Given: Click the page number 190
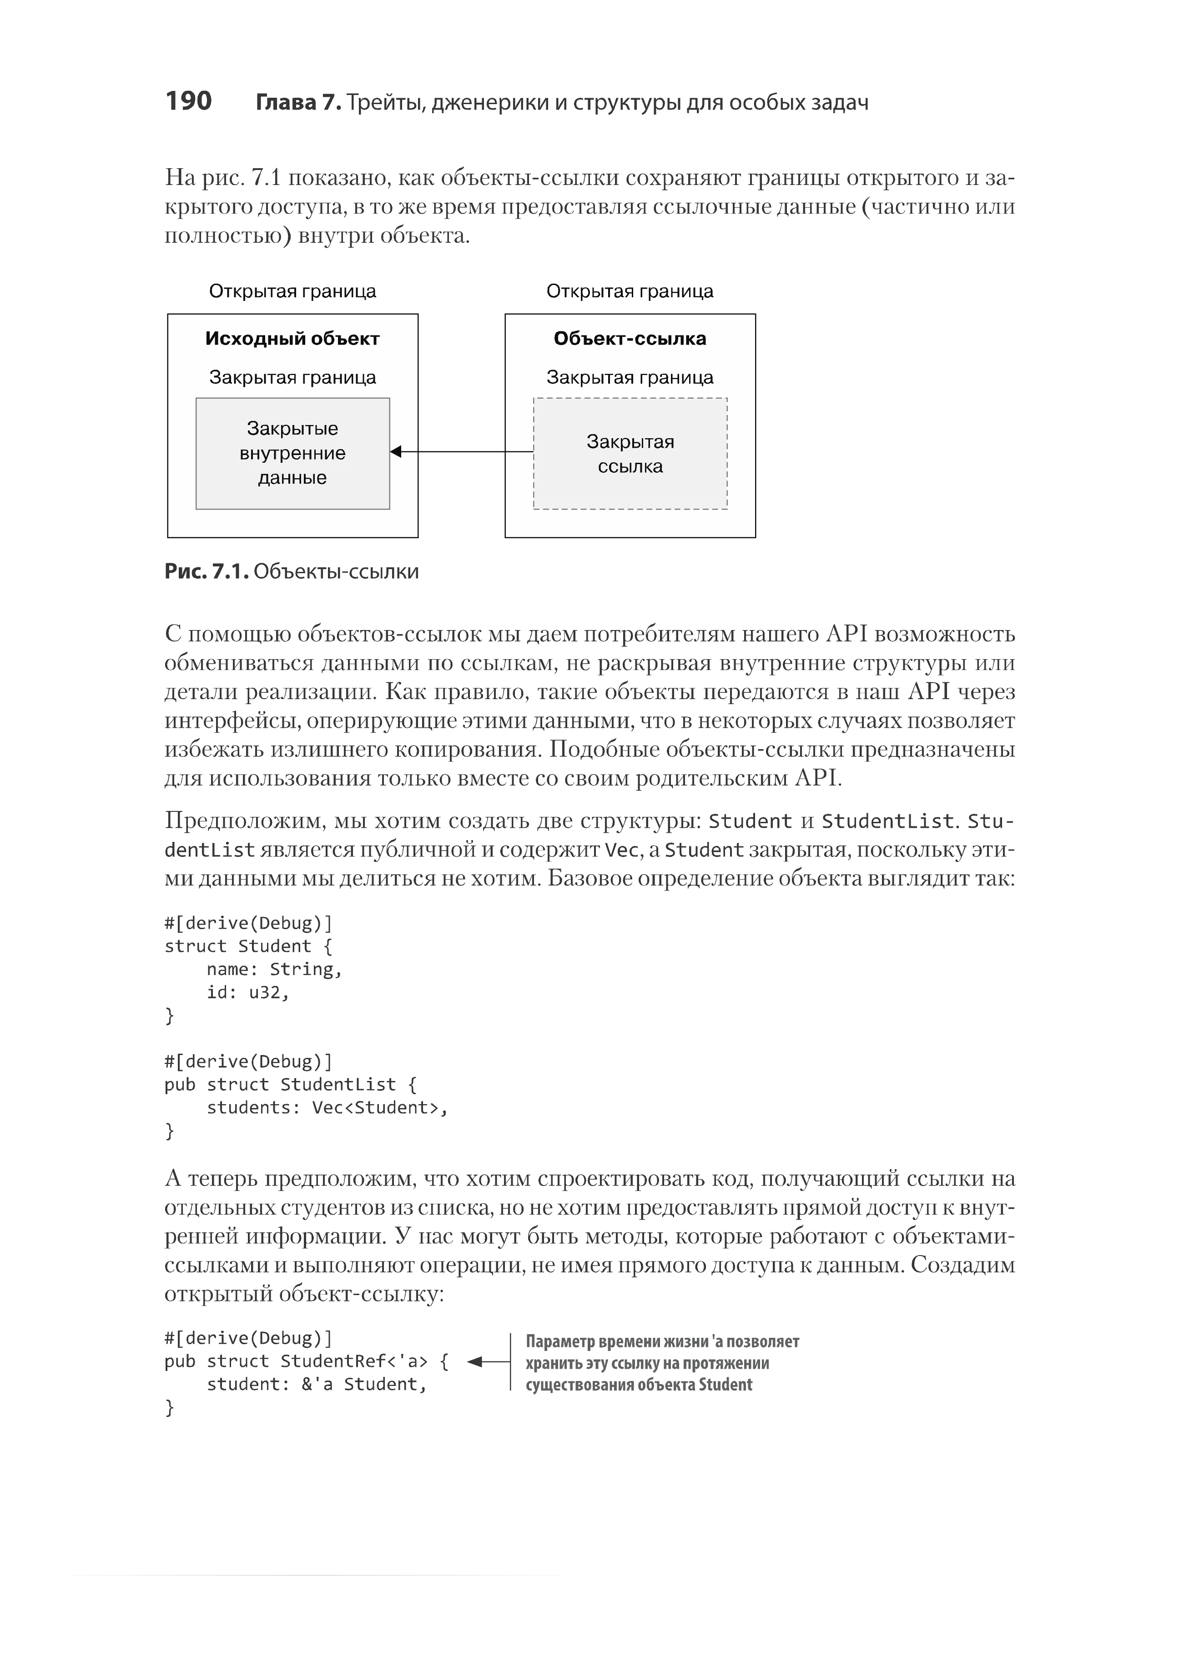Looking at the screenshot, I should point(188,101).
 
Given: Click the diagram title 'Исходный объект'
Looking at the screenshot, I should point(292,339).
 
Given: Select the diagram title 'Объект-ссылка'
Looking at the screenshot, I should point(630,339).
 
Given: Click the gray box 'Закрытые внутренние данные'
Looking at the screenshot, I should point(292,454).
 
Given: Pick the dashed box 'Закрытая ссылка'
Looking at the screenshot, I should point(630,454).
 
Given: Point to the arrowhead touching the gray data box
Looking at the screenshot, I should point(396,452).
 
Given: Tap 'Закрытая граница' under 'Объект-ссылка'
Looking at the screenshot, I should point(630,377).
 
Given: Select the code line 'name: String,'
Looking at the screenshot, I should point(274,970).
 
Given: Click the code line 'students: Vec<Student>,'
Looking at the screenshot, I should point(327,1107).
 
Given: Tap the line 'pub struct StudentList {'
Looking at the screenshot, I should point(290,1084).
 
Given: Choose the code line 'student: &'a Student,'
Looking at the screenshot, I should point(317,1385).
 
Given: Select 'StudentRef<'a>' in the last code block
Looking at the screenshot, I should point(353,1361).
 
